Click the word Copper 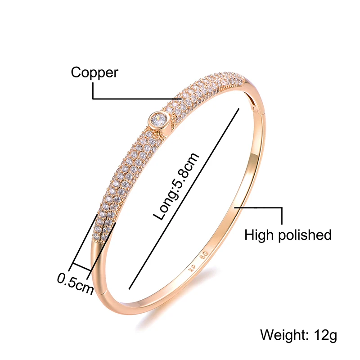click(94, 73)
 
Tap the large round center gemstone click(159, 119)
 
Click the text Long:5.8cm click(175, 186)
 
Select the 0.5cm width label click(75, 283)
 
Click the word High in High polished click(259, 234)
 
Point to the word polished click(305, 235)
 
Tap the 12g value click(325, 336)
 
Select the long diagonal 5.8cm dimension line click(184, 199)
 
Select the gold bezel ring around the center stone click(159, 119)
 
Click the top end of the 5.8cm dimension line click(239, 108)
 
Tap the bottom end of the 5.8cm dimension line click(129, 289)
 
